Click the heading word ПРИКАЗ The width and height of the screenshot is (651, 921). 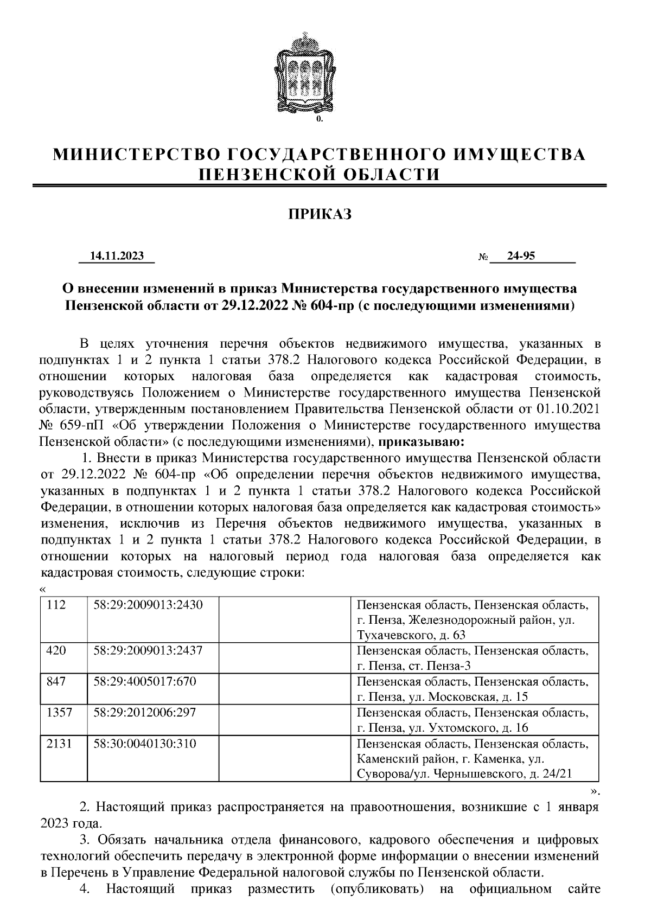320,215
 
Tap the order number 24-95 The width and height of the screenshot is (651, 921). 521,256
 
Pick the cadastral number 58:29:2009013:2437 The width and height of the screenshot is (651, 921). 148,650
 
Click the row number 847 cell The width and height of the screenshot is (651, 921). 57,681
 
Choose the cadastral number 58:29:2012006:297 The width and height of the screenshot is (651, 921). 145,712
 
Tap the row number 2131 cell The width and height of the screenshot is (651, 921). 60,743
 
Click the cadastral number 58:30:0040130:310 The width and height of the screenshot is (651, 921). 145,743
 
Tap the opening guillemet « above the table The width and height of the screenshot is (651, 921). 43,590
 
